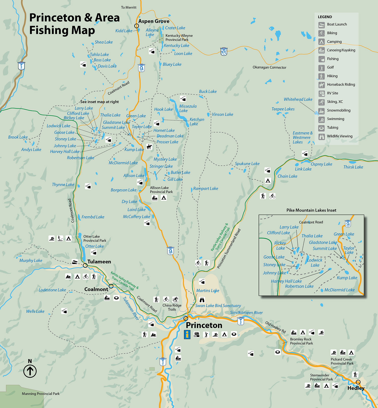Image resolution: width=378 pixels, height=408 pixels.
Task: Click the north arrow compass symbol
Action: coord(30,371)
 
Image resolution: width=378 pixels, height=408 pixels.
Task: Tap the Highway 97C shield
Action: coord(224,52)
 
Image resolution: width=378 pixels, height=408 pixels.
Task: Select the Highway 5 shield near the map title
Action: coord(21,66)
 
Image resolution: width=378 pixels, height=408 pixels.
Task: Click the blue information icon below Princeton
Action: coord(187,335)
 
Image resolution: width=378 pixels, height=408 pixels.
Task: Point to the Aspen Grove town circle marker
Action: coord(136,26)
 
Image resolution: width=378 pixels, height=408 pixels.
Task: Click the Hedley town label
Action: coord(356,388)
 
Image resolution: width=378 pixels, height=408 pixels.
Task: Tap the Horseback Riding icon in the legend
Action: coord(321,85)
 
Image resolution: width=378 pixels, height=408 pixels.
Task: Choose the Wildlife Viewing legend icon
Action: coord(321,136)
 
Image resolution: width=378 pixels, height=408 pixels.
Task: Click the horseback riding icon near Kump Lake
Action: coord(149,147)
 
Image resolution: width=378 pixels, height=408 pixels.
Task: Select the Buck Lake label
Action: coord(208,92)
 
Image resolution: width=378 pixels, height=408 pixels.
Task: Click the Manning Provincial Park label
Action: coord(41,394)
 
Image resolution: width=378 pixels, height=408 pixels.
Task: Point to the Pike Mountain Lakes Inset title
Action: coord(311,210)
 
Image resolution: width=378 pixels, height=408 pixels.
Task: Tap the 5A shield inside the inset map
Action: coord(348,224)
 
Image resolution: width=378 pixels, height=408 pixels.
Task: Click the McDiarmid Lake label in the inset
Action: coord(339,290)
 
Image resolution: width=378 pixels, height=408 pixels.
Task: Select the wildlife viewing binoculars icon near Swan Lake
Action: coord(202,300)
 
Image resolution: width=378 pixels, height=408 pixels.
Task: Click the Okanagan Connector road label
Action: coord(269,67)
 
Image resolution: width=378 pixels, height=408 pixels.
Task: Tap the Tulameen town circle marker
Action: coord(85,265)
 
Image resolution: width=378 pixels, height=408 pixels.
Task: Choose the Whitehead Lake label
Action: coord(298,99)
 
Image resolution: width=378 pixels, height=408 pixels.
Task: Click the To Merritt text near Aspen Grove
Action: coord(129,8)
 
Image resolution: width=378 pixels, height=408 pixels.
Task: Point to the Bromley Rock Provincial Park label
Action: coord(301,341)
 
